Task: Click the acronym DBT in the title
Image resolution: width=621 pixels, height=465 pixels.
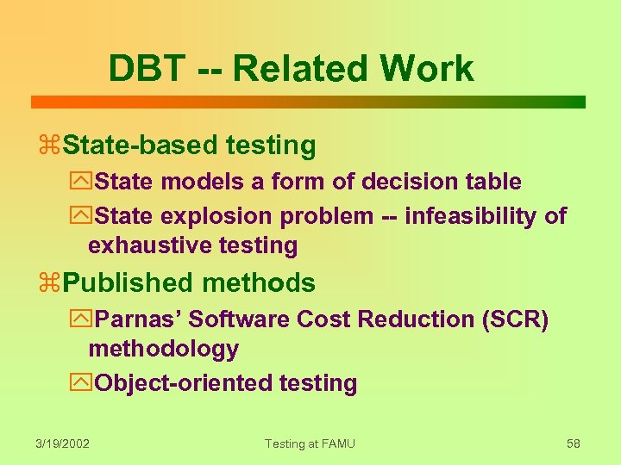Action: pyautogui.click(x=146, y=69)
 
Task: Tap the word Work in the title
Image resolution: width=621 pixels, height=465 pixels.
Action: pyautogui.click(x=427, y=69)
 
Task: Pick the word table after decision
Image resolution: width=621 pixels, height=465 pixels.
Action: pyautogui.click(x=494, y=182)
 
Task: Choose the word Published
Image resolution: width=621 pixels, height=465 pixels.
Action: pyautogui.click(x=129, y=282)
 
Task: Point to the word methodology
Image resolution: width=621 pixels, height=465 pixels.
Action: pyautogui.click(x=163, y=349)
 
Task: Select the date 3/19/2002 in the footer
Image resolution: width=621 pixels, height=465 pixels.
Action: pyautogui.click(x=63, y=443)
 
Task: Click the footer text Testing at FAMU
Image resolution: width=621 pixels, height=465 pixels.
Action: pyautogui.click(x=310, y=443)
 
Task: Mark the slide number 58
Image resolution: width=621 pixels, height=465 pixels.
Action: pyautogui.click(x=574, y=443)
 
